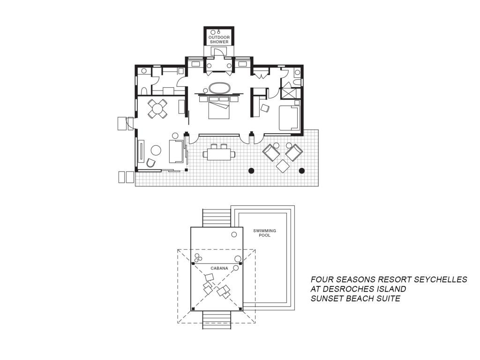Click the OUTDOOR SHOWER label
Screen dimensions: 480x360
[x=219, y=39]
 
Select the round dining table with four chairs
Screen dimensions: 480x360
[x=157, y=109]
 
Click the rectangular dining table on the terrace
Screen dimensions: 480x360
[x=219, y=154]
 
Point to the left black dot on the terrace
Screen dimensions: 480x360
[x=251, y=171]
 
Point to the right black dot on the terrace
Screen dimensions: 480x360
[x=302, y=171]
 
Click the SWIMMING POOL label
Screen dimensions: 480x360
[x=264, y=233]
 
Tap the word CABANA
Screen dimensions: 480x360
[x=219, y=269]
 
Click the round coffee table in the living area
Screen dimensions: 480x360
[x=156, y=150]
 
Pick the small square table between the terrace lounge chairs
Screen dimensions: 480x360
[x=283, y=166]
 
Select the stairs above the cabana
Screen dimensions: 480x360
[x=217, y=218]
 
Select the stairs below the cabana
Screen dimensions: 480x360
[x=217, y=320]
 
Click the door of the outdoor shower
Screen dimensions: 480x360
[x=218, y=52]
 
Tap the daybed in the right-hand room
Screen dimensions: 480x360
[x=289, y=118]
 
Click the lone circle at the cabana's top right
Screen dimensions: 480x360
[x=234, y=234]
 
